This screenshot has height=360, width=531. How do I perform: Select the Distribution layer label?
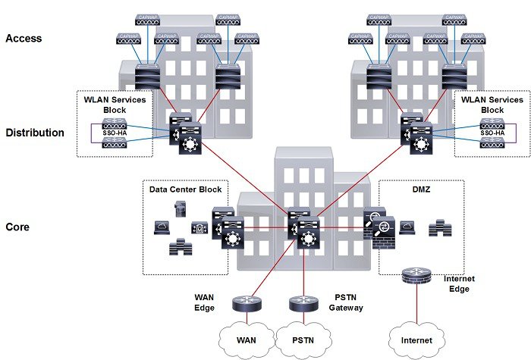pyautogui.click(x=35, y=133)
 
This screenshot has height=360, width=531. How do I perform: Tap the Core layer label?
pyautogui.click(x=18, y=227)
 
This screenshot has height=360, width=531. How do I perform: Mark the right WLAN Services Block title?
pyautogui.click(x=493, y=105)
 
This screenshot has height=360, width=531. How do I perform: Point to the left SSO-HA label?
pyautogui.click(x=113, y=132)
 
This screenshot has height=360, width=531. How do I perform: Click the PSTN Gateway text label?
pyautogui.click(x=345, y=302)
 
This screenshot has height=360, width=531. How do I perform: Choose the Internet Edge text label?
pyautogui.click(x=459, y=283)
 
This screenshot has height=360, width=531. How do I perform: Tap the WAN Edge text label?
pyautogui.click(x=204, y=302)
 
